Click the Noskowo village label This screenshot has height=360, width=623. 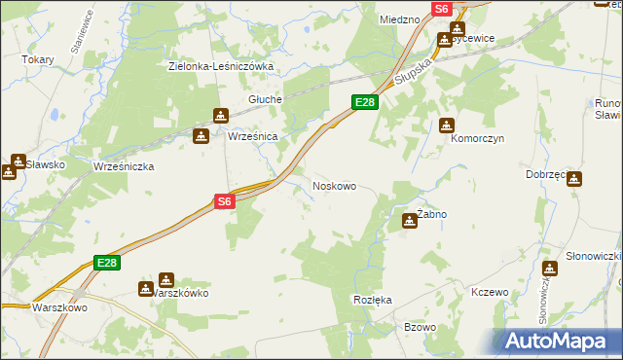333,185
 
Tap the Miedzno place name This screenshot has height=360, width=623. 399,18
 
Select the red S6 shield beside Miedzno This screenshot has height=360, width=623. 441,8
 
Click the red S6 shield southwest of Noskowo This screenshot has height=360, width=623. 225,201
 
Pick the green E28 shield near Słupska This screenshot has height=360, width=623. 364,102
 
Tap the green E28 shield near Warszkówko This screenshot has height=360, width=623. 107,263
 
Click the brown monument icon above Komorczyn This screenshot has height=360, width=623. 447,126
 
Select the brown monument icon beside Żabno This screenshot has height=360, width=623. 409,222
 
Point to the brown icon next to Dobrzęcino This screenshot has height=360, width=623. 574,180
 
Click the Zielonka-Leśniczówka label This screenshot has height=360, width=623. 220,66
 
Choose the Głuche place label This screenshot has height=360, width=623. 265,99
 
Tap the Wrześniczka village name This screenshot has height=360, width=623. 124,166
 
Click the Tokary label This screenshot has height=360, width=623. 37,59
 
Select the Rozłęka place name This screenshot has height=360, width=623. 373,300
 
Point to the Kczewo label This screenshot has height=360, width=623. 490,292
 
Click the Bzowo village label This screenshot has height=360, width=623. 420,327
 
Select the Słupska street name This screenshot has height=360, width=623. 413,70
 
